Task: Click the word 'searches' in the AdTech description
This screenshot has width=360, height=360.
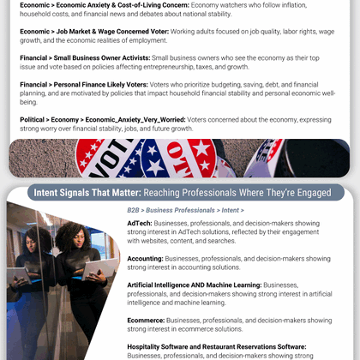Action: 220,240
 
